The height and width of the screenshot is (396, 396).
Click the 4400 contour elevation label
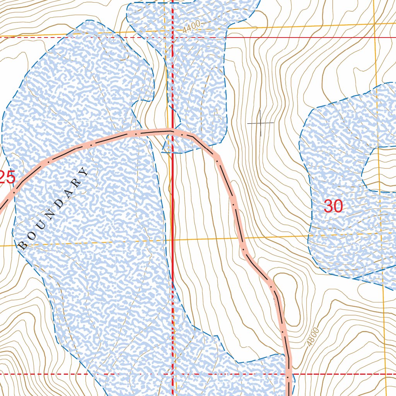click(192, 26)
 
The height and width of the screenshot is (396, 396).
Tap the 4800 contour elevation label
click(314, 336)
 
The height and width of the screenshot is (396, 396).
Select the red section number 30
click(333, 206)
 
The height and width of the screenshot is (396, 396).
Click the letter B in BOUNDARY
click(23, 245)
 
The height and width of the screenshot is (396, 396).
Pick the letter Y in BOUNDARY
click(84, 171)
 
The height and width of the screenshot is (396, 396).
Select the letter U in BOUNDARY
click(39, 226)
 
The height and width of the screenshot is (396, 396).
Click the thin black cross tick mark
click(261, 123)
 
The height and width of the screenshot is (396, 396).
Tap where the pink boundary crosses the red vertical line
click(172, 132)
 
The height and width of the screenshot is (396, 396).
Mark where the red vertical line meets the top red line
click(172, 38)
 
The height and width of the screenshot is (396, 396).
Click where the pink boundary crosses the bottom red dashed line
click(288, 374)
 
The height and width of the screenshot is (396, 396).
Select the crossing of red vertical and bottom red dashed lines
click(172, 374)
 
